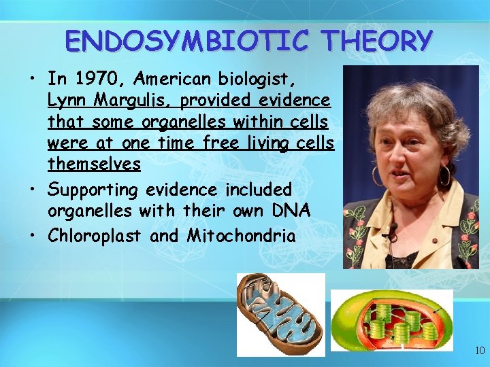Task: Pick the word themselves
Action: click(x=94, y=164)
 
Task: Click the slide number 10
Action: click(x=480, y=351)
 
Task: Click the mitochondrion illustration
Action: click(x=280, y=314)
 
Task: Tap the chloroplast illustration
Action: click(x=391, y=321)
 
